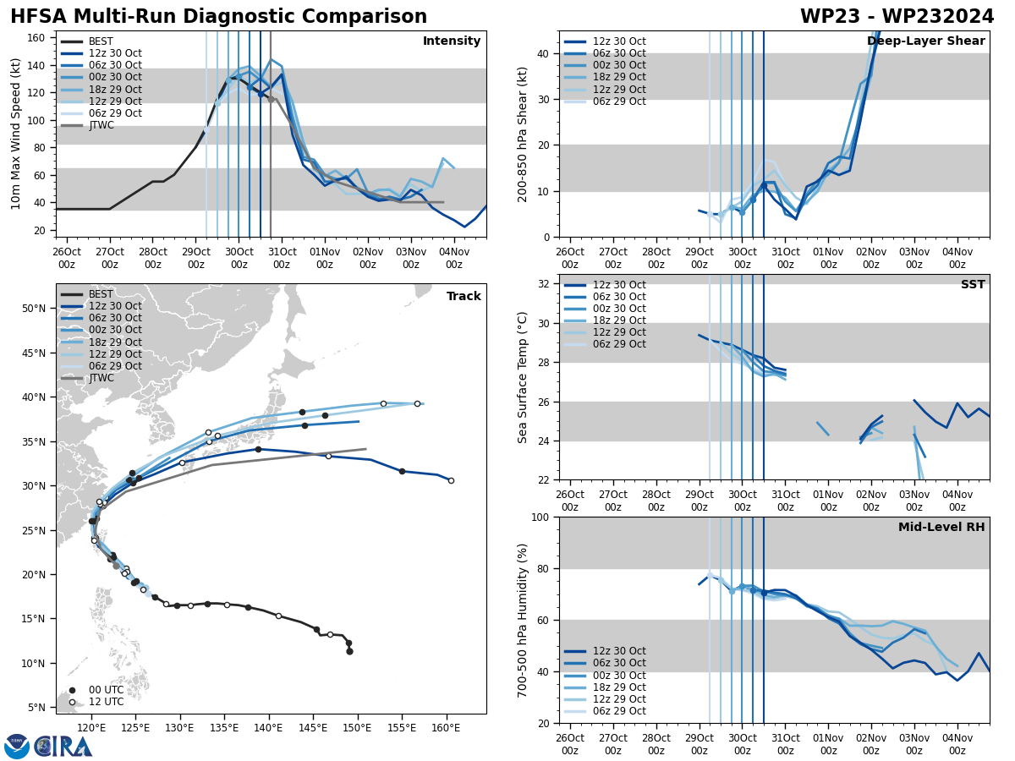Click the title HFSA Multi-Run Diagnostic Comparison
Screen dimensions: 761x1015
218,17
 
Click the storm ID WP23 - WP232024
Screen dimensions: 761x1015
897,17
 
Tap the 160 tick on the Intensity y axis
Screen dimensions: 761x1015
39,37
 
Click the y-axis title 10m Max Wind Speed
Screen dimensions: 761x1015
16,134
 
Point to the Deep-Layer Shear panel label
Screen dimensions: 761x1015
925,41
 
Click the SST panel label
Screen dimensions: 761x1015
973,285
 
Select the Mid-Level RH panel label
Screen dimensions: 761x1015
941,528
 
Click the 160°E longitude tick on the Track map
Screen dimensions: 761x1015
446,726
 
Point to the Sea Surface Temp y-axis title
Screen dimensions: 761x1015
524,377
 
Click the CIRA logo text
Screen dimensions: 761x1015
63,746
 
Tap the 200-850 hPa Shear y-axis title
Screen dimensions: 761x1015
524,134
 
